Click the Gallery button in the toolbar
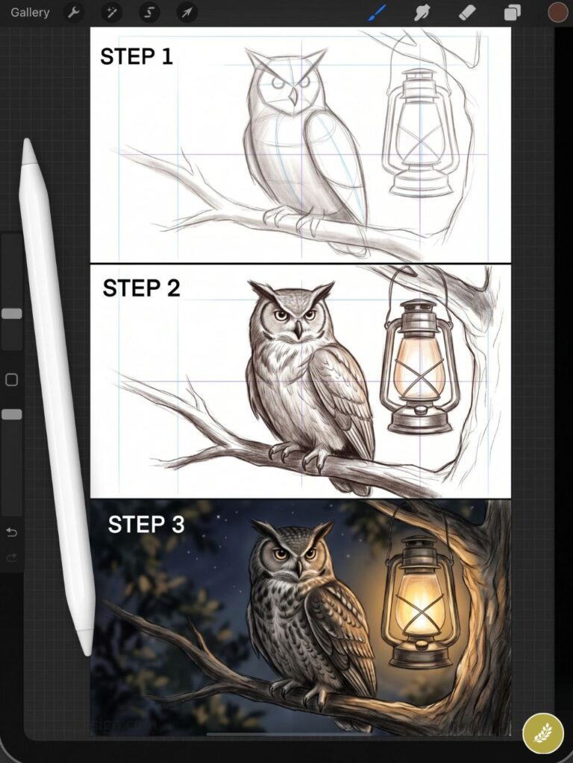[x=30, y=13]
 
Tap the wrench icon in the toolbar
[x=73, y=13]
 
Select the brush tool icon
[x=378, y=13]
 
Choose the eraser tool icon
[x=467, y=13]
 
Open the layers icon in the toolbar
[x=513, y=13]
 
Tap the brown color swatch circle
[x=557, y=12]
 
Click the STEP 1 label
[x=137, y=57]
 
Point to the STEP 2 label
[x=141, y=288]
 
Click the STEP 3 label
[x=146, y=525]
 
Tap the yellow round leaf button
[x=543, y=733]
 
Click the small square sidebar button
[x=11, y=380]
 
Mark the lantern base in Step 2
[x=419, y=422]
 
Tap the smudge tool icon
[x=422, y=13]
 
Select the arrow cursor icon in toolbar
[x=187, y=13]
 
